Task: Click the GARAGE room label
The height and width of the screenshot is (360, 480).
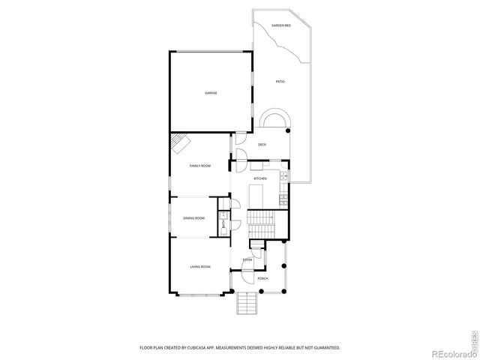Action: [211, 93]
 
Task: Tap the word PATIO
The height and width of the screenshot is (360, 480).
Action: [280, 81]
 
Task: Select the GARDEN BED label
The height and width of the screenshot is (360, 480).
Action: [281, 25]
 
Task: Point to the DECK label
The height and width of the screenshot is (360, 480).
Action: [262, 144]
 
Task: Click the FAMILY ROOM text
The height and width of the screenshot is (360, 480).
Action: [199, 165]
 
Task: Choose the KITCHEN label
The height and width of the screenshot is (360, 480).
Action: [260, 178]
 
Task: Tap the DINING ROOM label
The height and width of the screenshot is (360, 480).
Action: [193, 218]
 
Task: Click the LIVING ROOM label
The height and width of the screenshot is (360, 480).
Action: [199, 267]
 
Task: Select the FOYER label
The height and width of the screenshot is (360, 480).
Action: [247, 260]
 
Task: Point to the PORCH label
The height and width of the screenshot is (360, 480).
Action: [262, 278]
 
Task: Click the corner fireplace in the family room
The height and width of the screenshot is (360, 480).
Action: [180, 142]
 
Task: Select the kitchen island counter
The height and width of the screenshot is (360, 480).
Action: [255, 197]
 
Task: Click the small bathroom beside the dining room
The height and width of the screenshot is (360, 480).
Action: [223, 222]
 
